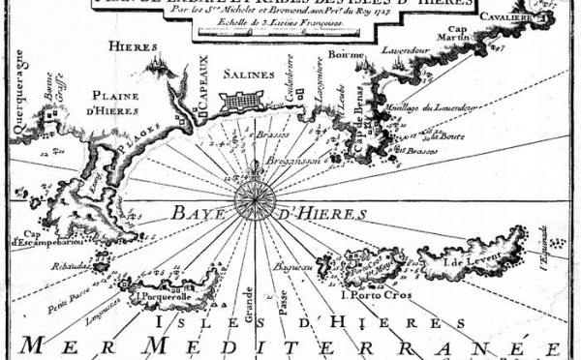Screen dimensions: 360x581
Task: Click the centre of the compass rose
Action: pos(255,202)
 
